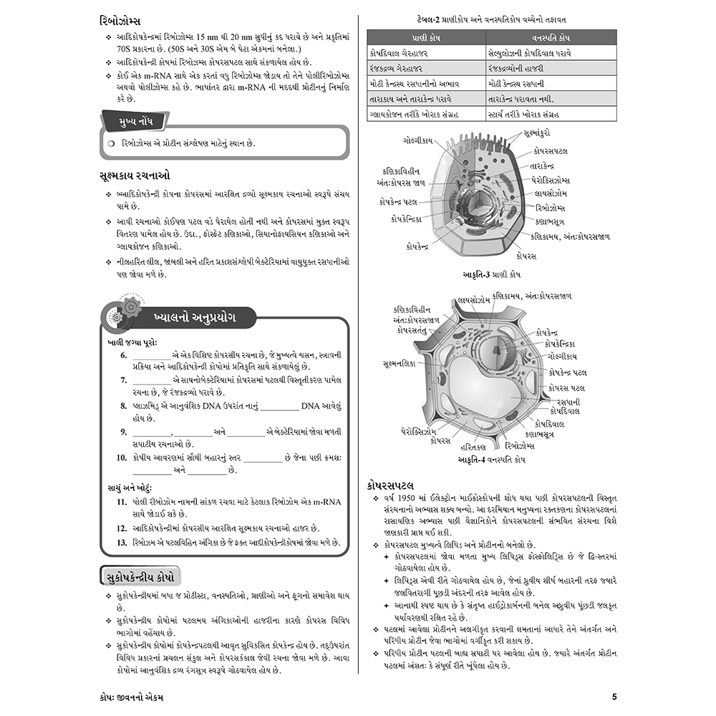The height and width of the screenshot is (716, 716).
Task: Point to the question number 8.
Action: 123,406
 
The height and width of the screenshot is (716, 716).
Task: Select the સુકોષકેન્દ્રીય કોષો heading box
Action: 140,576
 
